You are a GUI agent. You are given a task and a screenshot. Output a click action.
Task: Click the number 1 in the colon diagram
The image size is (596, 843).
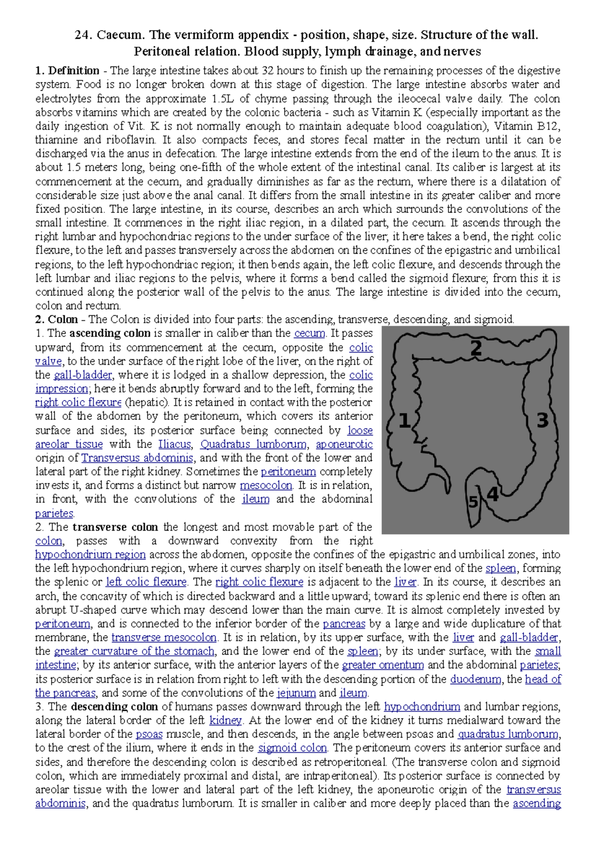coord(405,421)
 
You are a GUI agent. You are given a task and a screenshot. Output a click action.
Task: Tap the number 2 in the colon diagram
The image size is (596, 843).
coord(476,348)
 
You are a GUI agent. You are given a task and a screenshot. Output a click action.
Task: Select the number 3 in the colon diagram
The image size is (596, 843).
coord(542,421)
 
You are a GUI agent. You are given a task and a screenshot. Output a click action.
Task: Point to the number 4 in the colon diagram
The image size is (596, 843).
coord(492,494)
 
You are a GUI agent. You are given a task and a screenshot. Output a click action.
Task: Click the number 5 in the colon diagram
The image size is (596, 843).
coord(473,502)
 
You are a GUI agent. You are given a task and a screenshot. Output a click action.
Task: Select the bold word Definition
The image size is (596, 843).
coord(74,70)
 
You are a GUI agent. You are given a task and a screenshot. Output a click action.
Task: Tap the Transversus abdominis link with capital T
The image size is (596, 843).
coord(138,458)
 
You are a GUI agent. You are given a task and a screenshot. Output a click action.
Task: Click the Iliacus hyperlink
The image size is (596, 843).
coord(174,444)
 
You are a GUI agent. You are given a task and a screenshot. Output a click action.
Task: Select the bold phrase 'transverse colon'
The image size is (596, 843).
coord(115,527)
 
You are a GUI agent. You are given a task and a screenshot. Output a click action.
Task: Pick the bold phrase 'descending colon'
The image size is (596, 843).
coord(114,706)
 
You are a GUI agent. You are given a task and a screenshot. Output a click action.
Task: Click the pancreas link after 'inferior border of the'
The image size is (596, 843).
coord(344,624)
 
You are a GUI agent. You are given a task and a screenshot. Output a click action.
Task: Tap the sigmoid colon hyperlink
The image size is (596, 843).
coord(293,748)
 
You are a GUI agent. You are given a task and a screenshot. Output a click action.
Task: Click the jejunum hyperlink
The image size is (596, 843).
coord(296,693)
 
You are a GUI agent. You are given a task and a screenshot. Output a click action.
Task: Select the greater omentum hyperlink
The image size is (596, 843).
coord(383,665)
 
